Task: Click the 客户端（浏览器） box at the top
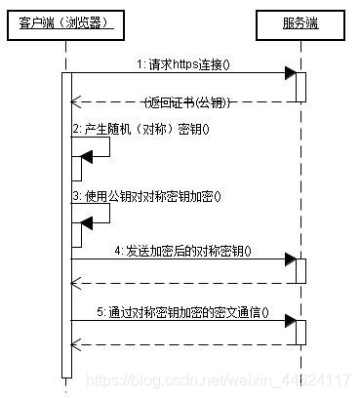point(66,21)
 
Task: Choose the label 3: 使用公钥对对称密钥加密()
point(146,195)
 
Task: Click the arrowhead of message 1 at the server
point(290,74)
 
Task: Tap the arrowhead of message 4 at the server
point(290,259)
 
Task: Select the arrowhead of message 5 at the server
point(290,319)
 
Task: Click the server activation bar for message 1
point(301,86)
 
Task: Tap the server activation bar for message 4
point(301,270)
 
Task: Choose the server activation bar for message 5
point(301,332)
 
